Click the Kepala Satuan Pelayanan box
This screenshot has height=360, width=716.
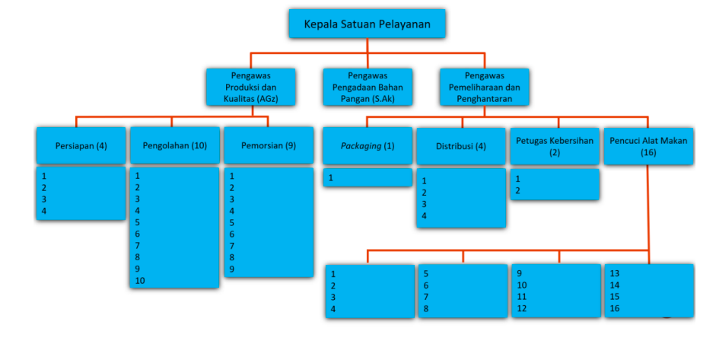[x=367, y=24]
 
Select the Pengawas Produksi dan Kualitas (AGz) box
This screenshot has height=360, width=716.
[x=251, y=87]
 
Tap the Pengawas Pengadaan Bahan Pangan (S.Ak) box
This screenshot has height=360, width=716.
[x=367, y=87]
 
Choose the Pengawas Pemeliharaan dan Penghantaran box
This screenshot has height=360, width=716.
[x=484, y=87]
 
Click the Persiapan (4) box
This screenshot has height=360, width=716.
[x=81, y=145]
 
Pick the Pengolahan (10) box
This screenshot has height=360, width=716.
[x=174, y=145]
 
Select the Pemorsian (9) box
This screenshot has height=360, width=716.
[x=268, y=145]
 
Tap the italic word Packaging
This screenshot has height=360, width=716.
[x=361, y=145]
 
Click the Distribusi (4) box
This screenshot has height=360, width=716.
[x=460, y=145]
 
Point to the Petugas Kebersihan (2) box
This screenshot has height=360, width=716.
[x=554, y=145]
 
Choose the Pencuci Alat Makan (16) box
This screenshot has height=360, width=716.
[x=648, y=145]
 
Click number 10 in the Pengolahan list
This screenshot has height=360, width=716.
[x=139, y=281]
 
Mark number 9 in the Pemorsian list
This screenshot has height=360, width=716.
[x=232, y=269]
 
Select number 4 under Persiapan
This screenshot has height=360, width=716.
[x=44, y=211]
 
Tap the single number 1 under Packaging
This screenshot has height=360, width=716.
[x=331, y=177]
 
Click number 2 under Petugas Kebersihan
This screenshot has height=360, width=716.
[x=518, y=190]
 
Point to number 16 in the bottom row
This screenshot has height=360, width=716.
[x=615, y=309]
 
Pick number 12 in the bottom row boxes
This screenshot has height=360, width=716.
[x=521, y=309]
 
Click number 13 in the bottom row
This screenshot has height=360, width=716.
[x=615, y=273]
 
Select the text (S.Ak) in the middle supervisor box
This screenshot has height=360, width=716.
[x=387, y=98]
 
